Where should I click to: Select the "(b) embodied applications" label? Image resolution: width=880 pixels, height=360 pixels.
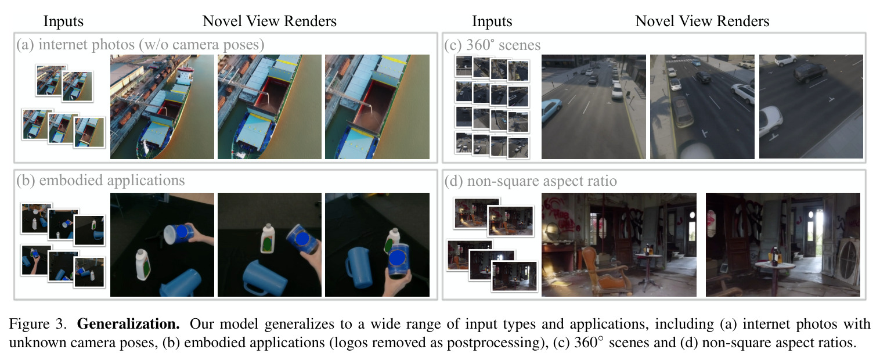tap(100, 181)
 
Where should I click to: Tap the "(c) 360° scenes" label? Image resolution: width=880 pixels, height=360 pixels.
tap(492, 45)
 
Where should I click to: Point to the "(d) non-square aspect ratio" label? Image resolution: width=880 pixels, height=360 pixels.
tap(531, 181)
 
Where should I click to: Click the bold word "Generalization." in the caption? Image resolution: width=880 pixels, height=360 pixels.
tap(128, 324)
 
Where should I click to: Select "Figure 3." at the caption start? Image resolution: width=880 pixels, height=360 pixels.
tap(38, 324)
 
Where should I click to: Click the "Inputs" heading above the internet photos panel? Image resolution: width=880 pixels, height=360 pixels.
tap(63, 21)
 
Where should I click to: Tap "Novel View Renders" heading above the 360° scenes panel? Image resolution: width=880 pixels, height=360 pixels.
tap(702, 21)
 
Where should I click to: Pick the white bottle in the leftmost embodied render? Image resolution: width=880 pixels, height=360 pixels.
tap(143, 265)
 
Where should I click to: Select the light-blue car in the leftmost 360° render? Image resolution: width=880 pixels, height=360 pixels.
tap(551, 109)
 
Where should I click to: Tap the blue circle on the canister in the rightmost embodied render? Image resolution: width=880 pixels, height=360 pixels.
tap(397, 258)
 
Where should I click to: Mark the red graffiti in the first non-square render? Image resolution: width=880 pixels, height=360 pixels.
tap(558, 215)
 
